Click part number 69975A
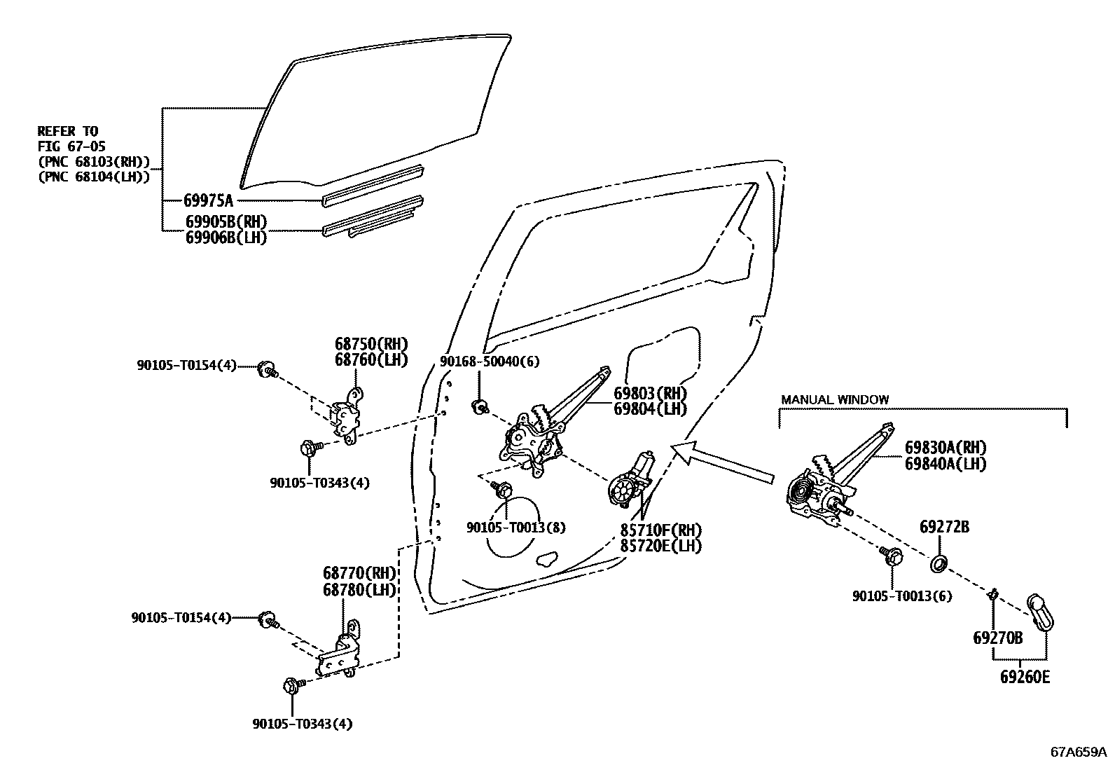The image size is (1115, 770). point(208,200)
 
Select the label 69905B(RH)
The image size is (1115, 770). point(226,222)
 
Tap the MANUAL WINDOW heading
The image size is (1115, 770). point(835,399)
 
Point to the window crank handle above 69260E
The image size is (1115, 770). point(1040,612)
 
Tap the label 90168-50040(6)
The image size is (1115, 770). point(490,362)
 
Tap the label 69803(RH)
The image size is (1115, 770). point(650,393)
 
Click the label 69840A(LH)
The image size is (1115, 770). point(946,463)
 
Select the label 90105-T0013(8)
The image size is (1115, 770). point(515,528)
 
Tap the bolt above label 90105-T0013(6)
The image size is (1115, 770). point(892,557)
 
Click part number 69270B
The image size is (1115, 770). point(997,638)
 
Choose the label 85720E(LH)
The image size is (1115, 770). point(660,546)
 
